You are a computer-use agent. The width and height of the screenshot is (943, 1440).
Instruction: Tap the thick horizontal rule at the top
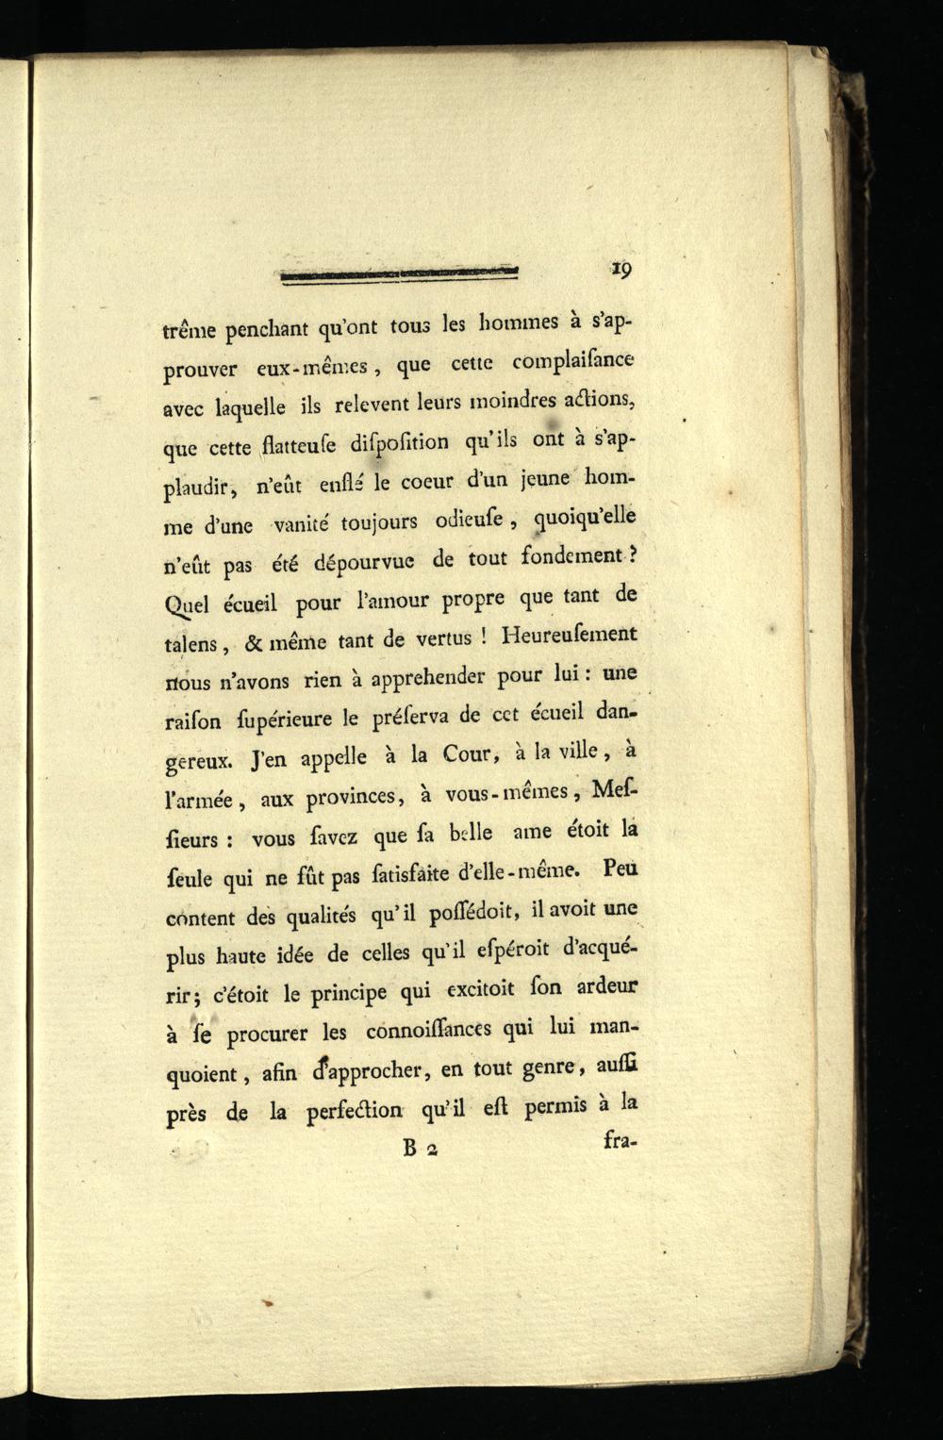(x=400, y=274)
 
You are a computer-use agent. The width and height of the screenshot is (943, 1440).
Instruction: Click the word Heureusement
(x=570, y=635)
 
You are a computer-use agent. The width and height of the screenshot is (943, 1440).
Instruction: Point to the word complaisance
(x=573, y=361)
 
